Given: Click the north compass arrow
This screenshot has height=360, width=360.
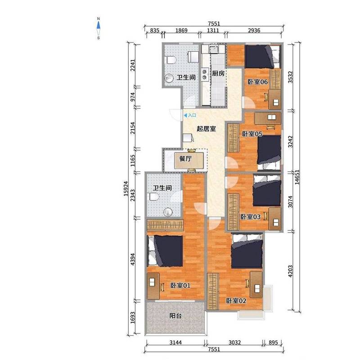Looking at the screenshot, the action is coord(99,25).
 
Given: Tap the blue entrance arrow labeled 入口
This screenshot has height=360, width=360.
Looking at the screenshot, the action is coord(185,116).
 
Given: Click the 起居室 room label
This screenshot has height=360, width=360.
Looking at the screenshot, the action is coord(206,129).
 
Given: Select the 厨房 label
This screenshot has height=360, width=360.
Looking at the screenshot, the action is coord(218,73).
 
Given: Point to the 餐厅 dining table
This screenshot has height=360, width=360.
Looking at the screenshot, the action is coord(189,161).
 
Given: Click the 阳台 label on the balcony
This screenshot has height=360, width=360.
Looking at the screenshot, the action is coord(175,316).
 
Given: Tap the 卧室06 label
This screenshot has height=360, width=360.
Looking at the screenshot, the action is coord(257,82).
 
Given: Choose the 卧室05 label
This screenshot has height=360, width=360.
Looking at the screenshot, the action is coord(252,134).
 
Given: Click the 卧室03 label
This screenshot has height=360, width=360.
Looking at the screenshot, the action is coord(251,217).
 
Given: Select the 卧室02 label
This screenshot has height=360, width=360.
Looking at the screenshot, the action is coord(236,301).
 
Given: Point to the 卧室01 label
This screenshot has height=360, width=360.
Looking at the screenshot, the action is coord(180,285).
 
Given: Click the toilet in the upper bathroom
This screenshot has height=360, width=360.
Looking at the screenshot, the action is coord(171,60).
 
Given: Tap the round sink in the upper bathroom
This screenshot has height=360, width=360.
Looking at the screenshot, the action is coord(169,78).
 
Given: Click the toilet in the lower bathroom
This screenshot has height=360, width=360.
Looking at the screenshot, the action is coord(154,197).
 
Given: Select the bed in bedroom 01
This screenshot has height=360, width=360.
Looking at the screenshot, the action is coord(165,251).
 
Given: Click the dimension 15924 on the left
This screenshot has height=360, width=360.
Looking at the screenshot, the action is coord(126,189).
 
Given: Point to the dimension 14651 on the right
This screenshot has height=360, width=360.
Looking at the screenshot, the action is coord(297,177).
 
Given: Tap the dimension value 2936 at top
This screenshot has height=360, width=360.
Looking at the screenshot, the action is coord(254,31).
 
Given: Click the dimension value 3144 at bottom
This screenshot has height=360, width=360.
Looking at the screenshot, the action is coord(175,343).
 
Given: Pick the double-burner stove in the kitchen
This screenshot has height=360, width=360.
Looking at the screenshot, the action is coord(205,74).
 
